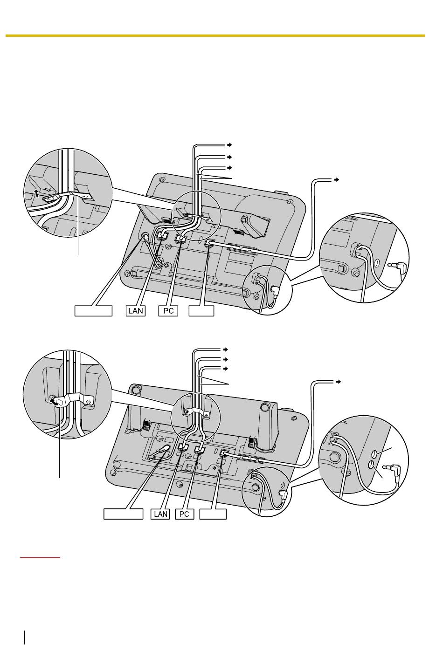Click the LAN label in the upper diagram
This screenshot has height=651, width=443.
pyautogui.click(x=135, y=311)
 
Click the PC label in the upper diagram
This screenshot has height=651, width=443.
pyautogui.click(x=168, y=311)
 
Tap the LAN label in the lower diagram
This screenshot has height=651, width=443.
pyautogui.click(x=160, y=514)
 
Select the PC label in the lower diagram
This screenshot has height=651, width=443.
pyautogui.click(x=184, y=514)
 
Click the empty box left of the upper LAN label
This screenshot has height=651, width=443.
pyautogui.click(x=93, y=311)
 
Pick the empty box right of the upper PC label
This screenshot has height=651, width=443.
pyautogui.click(x=201, y=311)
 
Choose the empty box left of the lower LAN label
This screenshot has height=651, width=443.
pyautogui.click(x=123, y=514)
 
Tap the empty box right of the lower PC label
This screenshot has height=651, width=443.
pyautogui.click(x=213, y=514)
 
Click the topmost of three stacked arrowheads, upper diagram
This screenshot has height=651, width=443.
pyautogui.click(x=229, y=144)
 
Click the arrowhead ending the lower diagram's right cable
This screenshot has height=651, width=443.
pyautogui.click(x=338, y=382)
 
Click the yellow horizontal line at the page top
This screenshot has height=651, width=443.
pyautogui.click(x=215, y=36)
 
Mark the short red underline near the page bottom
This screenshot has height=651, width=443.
pyautogui.click(x=40, y=558)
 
